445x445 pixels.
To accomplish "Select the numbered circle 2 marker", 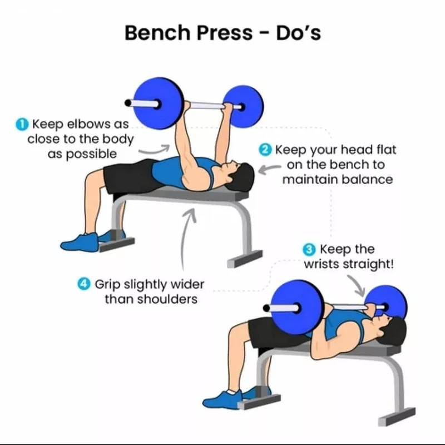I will [265, 150].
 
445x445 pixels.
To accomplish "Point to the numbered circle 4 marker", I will [84, 284].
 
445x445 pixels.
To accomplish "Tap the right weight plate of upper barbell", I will [244, 106].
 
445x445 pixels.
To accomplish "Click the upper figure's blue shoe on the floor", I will [80, 243].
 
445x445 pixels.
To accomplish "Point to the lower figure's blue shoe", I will [222, 399].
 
